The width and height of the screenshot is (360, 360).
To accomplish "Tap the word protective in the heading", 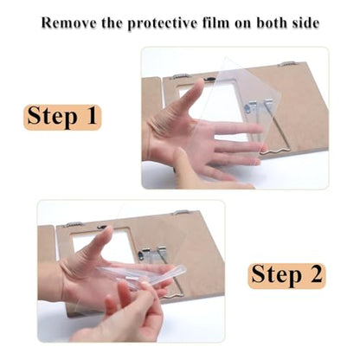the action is (x=163, y=23).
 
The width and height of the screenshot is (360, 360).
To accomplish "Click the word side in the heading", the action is (x=305, y=22).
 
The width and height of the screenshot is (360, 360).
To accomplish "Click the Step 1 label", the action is (x=62, y=117).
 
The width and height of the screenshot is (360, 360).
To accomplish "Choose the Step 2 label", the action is (x=286, y=275).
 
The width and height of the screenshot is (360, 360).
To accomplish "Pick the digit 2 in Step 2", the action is (x=315, y=273).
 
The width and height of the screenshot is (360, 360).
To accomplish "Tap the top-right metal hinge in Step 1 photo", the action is (x=286, y=63).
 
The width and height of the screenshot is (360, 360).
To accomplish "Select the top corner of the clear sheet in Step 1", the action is (x=228, y=57).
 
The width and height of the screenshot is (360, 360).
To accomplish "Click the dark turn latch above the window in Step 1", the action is (x=209, y=78).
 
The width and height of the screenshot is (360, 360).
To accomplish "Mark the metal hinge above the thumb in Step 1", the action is (x=179, y=77).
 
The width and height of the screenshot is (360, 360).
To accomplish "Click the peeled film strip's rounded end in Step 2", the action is (x=182, y=270).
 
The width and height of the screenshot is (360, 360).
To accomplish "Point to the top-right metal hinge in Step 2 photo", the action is (x=181, y=213).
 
